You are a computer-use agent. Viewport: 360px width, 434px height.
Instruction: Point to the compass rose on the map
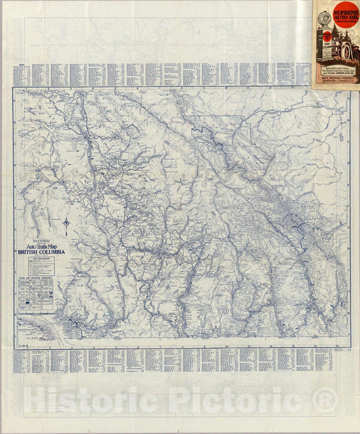click(67, 226)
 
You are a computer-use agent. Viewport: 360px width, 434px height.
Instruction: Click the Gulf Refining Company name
click(336, 77)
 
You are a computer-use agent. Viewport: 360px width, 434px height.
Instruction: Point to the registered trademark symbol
click(327, 399)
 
